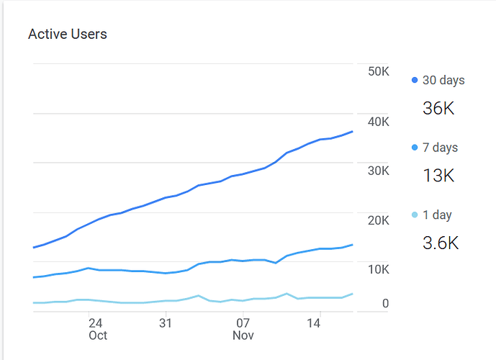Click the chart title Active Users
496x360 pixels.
coord(67,34)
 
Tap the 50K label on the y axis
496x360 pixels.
coord(378,72)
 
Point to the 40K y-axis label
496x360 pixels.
coord(378,122)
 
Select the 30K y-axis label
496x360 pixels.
coord(378,171)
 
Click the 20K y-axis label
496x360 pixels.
coord(378,220)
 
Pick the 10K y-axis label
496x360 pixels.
coord(378,269)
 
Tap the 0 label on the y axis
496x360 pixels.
coord(385,304)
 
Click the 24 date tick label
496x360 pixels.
coord(95,323)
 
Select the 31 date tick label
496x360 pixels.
coord(166,323)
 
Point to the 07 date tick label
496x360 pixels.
coord(243,323)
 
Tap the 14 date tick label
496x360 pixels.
coord(314,323)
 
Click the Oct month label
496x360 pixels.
coord(98,336)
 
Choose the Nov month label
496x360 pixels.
coord(243,336)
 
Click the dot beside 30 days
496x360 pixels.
coord(415,81)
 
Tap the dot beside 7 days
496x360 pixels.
coord(415,148)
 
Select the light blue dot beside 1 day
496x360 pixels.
coord(415,215)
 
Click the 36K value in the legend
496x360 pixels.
coord(438,109)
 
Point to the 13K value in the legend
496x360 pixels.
coord(438,176)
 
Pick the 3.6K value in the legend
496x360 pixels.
coord(441,243)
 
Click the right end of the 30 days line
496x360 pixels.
coord(352,131)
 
